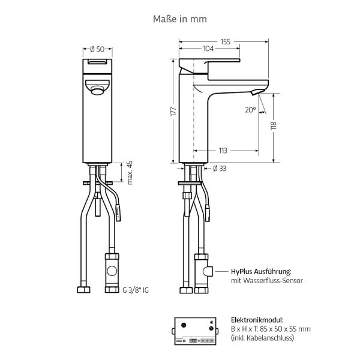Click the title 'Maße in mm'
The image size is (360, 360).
[x=180, y=19]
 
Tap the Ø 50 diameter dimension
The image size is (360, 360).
[x=97, y=49]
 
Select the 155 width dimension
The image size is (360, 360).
[x=225, y=42]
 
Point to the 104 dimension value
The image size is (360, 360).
[x=208, y=49]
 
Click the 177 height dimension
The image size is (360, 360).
[x=173, y=112]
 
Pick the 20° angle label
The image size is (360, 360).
[x=250, y=110]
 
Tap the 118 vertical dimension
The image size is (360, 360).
[x=274, y=126]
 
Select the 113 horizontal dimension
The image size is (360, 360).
[x=223, y=151]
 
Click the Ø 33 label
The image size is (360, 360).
[x=220, y=169]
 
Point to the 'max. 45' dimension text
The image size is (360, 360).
[x=130, y=173]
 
